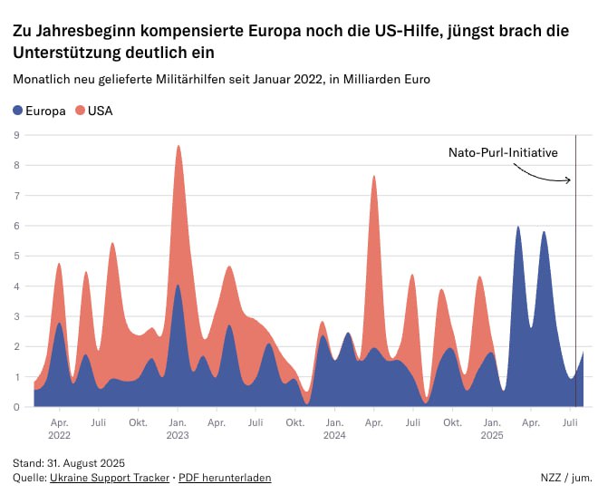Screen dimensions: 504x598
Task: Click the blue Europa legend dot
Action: [x=19, y=111]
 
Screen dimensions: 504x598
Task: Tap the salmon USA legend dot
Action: [x=81, y=111]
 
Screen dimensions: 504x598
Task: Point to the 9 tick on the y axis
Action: [x=16, y=135]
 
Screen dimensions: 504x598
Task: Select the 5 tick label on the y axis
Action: [x=16, y=256]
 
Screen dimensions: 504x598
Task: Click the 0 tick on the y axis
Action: [x=16, y=407]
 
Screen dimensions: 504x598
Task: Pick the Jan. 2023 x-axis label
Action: [x=178, y=428]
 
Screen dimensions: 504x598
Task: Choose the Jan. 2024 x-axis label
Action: [x=334, y=428]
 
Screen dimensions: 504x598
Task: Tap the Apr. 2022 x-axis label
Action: [x=60, y=428]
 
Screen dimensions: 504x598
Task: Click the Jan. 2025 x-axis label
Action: [x=492, y=428]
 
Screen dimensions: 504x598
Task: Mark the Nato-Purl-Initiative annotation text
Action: [x=502, y=153]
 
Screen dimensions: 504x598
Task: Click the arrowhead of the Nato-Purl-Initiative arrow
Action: [x=569, y=180]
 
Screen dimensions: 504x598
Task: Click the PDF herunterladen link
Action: [x=225, y=477]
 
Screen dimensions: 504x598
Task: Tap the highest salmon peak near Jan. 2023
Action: [x=178, y=147]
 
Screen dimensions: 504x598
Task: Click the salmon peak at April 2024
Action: [x=373, y=177]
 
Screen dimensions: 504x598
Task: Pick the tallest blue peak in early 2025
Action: [x=517, y=228]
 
